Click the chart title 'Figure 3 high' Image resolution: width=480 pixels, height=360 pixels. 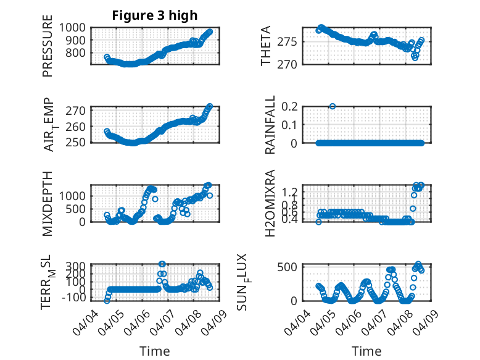click(x=154, y=15)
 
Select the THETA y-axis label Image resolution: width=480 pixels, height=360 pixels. click(x=266, y=46)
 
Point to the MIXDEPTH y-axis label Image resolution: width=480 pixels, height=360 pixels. click(x=48, y=203)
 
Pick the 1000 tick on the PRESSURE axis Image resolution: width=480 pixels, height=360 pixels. click(x=73, y=27)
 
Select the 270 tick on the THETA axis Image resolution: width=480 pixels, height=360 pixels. click(x=292, y=64)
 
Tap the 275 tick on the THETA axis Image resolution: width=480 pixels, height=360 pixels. click(x=292, y=42)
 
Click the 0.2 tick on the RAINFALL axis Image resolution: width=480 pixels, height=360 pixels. click(x=292, y=106)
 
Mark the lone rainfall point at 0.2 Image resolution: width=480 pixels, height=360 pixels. click(x=333, y=106)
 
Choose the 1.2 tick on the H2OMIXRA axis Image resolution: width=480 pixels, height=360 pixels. click(x=292, y=192)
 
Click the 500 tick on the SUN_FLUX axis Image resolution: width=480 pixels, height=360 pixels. click(x=292, y=267)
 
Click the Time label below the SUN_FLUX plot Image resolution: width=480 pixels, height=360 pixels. click(x=366, y=351)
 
